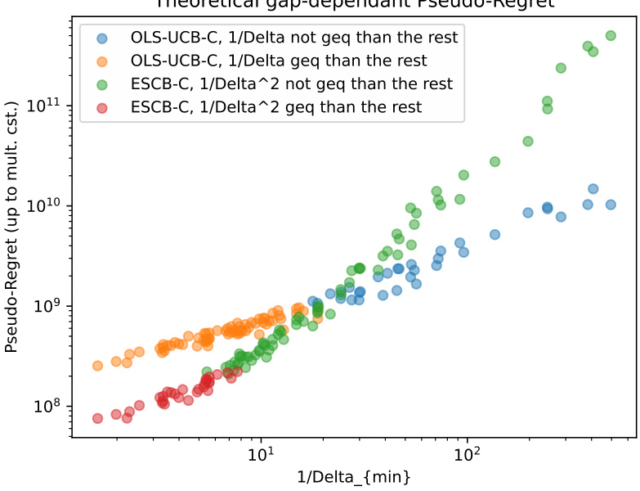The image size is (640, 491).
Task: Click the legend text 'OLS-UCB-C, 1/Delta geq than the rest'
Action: pyautogui.click(x=279, y=61)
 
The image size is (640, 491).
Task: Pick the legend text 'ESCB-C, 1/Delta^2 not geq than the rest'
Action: pyautogui.click(x=291, y=83)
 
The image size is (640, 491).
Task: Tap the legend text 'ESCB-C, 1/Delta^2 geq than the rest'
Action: pyautogui.click(x=276, y=107)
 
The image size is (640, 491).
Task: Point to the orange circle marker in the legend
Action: pyautogui.click(x=101, y=61)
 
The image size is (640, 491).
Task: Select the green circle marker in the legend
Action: pyautogui.click(x=101, y=83)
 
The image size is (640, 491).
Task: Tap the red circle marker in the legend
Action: pyautogui.click(x=101, y=107)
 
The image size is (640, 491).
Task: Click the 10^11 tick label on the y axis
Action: pyautogui.click(x=43, y=106)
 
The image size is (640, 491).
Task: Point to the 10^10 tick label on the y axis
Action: pyautogui.click(x=43, y=206)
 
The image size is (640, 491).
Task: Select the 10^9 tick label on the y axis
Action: pyautogui.click(x=45, y=306)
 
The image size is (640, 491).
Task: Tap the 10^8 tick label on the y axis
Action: pyautogui.click(x=45, y=407)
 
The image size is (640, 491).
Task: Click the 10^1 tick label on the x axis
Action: pyautogui.click(x=260, y=453)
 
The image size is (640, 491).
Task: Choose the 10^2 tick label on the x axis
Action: pyautogui.click(x=467, y=453)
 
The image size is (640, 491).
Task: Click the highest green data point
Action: pyautogui.click(x=611, y=35)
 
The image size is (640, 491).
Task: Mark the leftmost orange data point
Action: pyautogui.click(x=97, y=366)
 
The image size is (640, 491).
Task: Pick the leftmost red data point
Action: pyautogui.click(x=97, y=418)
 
